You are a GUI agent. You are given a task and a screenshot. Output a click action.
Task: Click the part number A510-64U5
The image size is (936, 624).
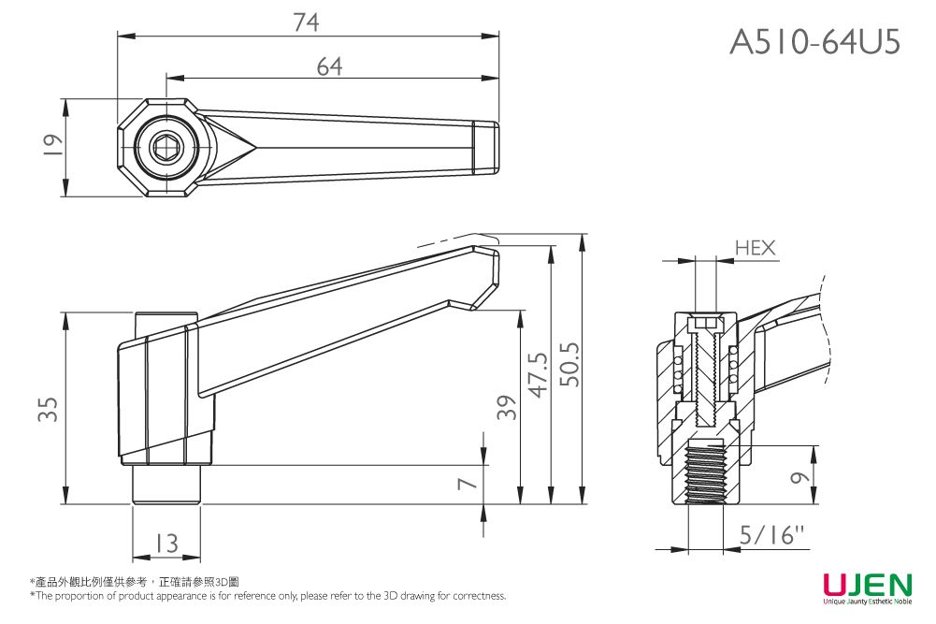[814, 41]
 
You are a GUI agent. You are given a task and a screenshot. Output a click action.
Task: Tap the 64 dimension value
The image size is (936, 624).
[329, 65]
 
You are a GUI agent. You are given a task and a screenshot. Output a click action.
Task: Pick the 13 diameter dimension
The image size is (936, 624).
[166, 543]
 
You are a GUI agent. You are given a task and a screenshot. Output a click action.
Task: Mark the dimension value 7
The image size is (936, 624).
[470, 482]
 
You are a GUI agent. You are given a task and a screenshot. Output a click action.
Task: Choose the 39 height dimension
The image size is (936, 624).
[506, 408]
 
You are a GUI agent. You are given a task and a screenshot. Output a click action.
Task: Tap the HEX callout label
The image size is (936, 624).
[756, 248]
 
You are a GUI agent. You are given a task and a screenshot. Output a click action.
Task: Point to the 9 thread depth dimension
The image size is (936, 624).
[798, 477]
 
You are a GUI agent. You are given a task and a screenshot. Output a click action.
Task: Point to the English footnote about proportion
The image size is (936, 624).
[267, 596]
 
